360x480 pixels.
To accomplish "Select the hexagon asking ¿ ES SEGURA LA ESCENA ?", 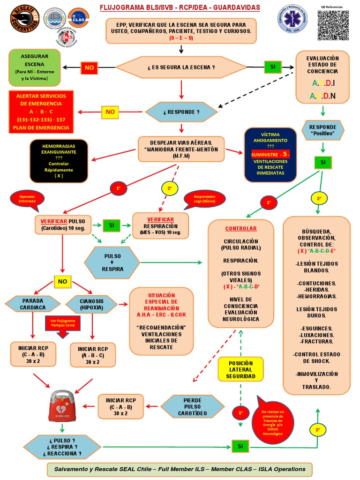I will pos(181,67).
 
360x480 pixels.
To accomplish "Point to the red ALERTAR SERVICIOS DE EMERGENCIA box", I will pos(41,112).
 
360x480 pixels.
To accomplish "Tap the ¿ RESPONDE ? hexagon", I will pos(181,112).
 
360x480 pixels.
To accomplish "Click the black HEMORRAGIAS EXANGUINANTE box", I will pos(59,160).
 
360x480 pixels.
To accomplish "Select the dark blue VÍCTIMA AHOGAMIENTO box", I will pos(270,154).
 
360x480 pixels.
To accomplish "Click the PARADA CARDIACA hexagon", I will pos(33,304).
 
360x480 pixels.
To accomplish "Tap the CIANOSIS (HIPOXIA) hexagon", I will pos(91,304).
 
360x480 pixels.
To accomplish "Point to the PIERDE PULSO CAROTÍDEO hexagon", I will pos(193,406).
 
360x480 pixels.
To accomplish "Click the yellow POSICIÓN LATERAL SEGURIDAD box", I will pos(240,369).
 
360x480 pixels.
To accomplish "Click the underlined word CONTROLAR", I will pos(241,228).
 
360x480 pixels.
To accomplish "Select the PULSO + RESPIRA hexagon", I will pos(112,262).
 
